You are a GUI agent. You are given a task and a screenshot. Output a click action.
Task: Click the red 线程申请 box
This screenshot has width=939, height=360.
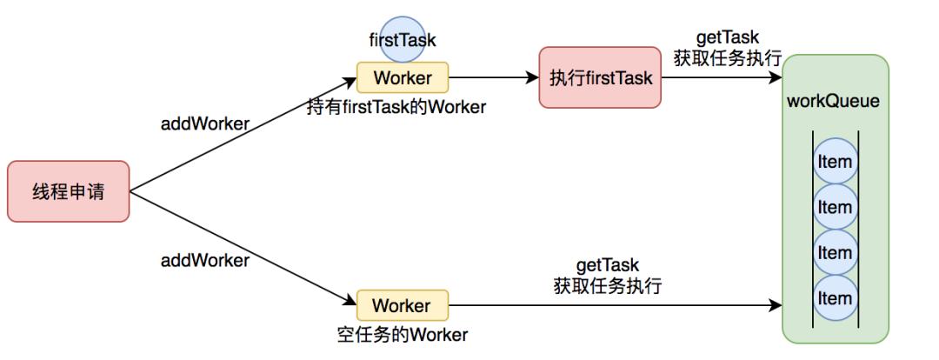pos(68,190)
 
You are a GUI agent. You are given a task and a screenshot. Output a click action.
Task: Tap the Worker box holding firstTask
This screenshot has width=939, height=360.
pos(402,77)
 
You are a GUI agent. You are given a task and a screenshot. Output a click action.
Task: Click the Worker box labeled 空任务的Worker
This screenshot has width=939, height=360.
pos(402,305)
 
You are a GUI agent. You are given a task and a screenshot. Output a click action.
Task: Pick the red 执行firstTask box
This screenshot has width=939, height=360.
pos(600,77)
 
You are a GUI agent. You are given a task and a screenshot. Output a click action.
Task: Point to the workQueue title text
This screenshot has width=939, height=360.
pos(833,101)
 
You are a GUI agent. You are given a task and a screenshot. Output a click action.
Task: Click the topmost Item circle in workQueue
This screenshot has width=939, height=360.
pos(835,162)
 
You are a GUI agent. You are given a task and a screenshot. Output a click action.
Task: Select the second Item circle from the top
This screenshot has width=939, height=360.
pos(835,207)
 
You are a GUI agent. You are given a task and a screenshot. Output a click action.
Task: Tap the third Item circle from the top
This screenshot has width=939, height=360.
pos(835,252)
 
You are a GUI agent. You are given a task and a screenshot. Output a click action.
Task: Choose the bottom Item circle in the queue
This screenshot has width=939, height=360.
pos(835,298)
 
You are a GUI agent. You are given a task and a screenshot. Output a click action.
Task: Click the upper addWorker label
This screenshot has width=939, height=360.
pos(205,123)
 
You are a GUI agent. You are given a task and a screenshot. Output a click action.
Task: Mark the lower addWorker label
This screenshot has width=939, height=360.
pos(205,260)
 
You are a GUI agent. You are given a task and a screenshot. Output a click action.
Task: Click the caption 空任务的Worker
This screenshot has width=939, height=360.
pos(402,335)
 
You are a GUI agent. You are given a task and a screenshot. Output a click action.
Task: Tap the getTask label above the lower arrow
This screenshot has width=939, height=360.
pos(607,264)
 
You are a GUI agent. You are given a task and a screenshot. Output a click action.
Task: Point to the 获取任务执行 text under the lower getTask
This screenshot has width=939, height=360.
pos(607,285)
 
